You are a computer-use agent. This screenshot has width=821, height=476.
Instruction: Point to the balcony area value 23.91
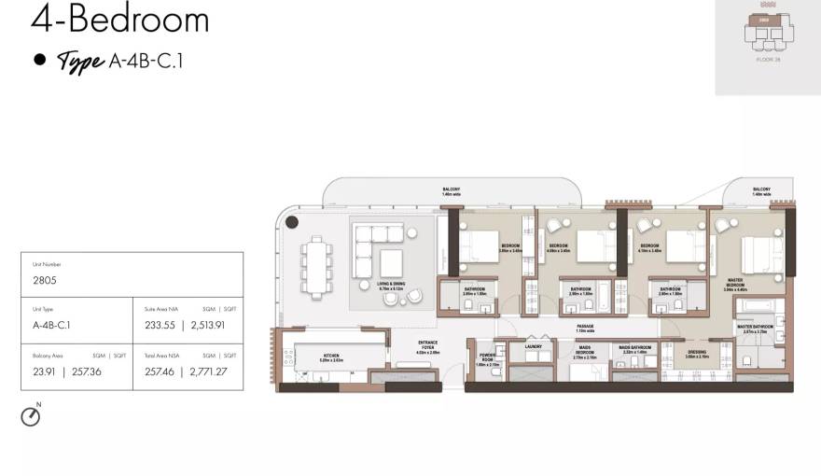click(43, 371)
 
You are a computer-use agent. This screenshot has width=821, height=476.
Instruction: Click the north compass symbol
click(31, 416)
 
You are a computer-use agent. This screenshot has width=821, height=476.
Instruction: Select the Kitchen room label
click(331, 357)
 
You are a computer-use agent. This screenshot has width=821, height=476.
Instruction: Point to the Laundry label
click(534, 346)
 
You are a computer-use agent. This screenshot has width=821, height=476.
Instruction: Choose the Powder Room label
click(486, 359)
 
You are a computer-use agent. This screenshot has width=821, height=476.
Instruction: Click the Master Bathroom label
click(754, 327)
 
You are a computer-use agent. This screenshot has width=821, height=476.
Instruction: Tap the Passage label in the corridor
click(586, 328)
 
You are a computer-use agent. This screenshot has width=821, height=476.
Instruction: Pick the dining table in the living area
click(319, 264)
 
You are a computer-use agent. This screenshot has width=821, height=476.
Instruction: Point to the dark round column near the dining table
click(292, 222)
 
